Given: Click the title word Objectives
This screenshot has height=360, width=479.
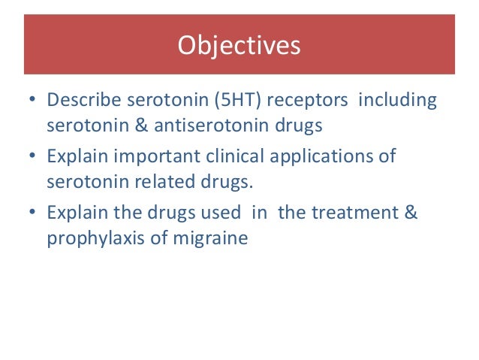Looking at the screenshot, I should click(x=239, y=46).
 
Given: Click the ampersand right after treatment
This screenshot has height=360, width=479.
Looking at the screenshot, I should click(x=411, y=213).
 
